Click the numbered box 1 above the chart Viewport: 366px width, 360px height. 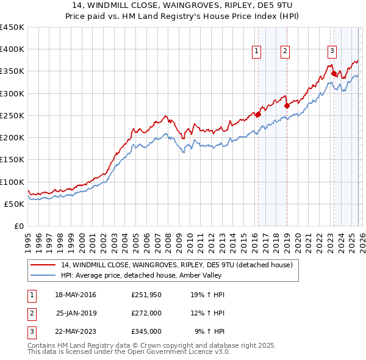257,51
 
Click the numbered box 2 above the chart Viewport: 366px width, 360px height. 285,51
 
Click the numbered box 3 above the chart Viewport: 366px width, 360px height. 332,51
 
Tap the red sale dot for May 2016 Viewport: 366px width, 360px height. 258,113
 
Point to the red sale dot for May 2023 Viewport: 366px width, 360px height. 334,73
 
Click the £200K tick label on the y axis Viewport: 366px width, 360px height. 12,138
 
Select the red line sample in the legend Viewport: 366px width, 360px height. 43,265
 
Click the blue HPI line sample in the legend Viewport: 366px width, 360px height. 43,275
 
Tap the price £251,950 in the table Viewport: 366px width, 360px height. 146,295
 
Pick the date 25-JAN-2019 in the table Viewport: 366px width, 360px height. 76,313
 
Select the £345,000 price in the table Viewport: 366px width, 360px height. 146,331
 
